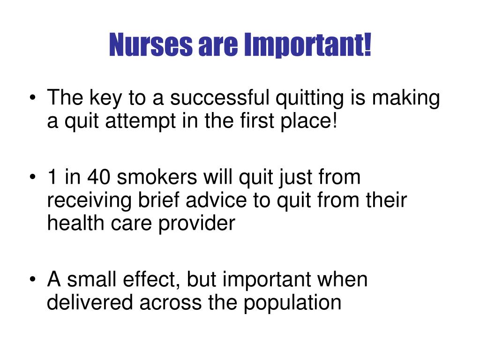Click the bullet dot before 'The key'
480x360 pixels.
[32, 100]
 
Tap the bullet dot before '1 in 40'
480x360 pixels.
[32, 179]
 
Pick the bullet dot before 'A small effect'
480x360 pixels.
[32, 280]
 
